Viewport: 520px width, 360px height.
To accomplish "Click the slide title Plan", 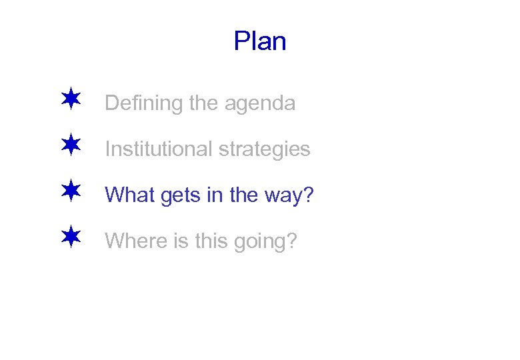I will tap(260, 41).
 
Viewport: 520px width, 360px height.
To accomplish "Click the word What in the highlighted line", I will tap(127, 195).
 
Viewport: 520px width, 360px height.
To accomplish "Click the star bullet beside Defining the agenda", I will tap(70, 101).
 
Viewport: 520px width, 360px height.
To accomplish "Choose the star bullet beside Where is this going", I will tap(70, 237).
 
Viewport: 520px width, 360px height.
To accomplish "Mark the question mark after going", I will tap(291, 240).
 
